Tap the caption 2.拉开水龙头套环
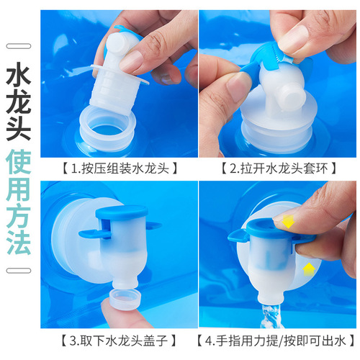pyautogui.click(x=277, y=169)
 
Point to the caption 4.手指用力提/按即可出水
pyautogui.click(x=277, y=339)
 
